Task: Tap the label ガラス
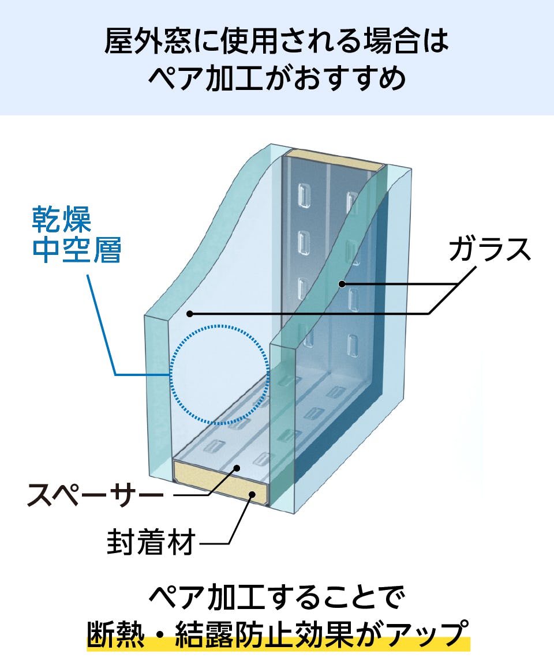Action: click(489, 249)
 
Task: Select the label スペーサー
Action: click(96, 495)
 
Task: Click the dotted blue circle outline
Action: click(220, 326)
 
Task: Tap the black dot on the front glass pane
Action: click(190, 313)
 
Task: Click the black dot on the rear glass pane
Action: click(342, 284)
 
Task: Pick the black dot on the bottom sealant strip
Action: click(252, 494)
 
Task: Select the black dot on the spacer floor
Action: click(236, 469)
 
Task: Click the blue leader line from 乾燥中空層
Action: click(102, 323)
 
